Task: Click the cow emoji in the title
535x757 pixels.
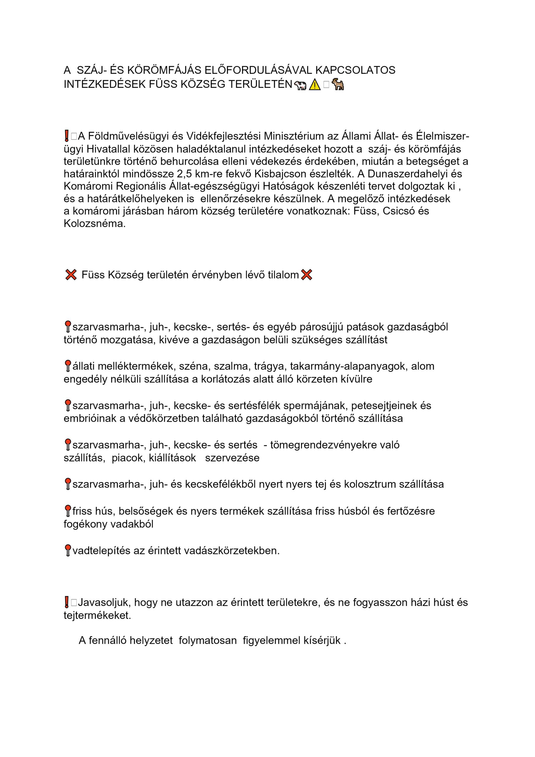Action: coord(300,85)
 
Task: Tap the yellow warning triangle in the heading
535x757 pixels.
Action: coord(315,85)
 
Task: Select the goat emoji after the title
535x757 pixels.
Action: coord(338,84)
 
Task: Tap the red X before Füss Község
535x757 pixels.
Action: coord(71,274)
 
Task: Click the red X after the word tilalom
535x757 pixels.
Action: coord(307,274)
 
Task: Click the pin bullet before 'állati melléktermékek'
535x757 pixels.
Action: coord(68,366)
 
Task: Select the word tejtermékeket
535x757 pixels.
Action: coord(97,616)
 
